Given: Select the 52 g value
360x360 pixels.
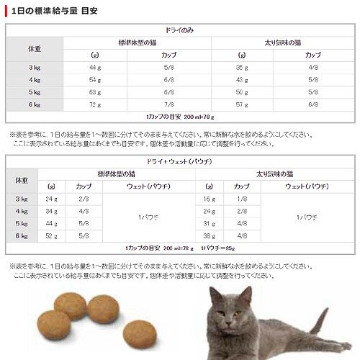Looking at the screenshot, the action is [50, 235].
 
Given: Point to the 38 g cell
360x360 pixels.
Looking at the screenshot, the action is [210, 235].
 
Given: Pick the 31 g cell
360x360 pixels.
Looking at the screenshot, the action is [210, 222].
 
